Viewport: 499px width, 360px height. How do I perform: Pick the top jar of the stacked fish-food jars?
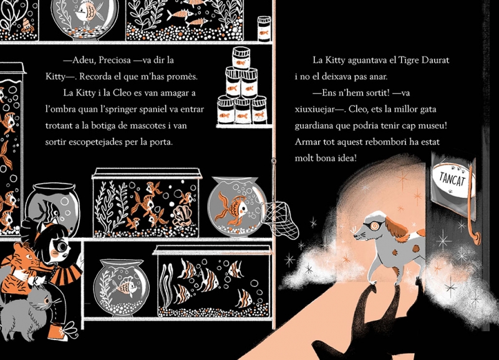pos(241,58)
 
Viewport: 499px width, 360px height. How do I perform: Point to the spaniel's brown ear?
pos(397,227)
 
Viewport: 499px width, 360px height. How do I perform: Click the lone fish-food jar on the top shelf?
pos(264,29)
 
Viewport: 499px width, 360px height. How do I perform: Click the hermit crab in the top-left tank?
pos(27,26)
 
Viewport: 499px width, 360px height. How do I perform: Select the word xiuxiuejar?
pos(314,109)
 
